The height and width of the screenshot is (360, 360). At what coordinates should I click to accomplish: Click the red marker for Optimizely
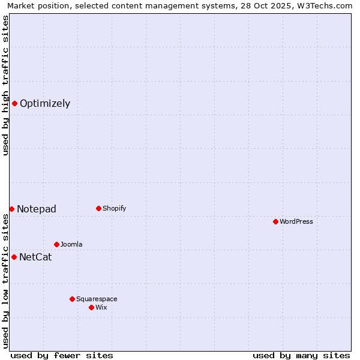pos(14,103)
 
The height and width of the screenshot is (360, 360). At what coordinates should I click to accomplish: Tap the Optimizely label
pos(45,103)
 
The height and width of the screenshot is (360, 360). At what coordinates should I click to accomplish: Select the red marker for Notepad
pos(11,209)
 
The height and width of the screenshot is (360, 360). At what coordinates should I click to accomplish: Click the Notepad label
pos(37,209)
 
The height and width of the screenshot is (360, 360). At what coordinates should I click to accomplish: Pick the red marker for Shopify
pos(98,208)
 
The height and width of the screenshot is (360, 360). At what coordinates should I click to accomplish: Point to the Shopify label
pos(115,208)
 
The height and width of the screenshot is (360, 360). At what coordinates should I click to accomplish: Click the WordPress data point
pos(275,221)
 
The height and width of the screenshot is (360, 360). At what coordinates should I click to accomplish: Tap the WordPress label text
pos(296,221)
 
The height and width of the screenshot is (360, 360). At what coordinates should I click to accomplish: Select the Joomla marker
pos(56,244)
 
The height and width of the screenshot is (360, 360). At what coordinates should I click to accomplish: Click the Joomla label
pos(71,244)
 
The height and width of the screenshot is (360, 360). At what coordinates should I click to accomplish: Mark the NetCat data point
pos(14,257)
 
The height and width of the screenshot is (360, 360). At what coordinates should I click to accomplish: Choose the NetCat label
pos(35,257)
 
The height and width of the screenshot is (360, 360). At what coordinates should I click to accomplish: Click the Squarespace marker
pos(72,299)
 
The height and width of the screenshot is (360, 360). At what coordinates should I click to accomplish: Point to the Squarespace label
pos(97,299)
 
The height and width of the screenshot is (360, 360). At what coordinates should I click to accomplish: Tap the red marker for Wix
pos(91,307)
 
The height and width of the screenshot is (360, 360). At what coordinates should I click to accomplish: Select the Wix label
pos(101,307)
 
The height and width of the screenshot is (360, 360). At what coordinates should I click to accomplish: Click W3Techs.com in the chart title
pos(328,6)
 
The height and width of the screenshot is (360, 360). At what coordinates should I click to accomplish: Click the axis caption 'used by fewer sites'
pos(62,355)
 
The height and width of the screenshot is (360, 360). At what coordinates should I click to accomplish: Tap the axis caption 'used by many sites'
pos(301,355)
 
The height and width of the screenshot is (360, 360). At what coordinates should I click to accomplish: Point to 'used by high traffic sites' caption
pos(5,85)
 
